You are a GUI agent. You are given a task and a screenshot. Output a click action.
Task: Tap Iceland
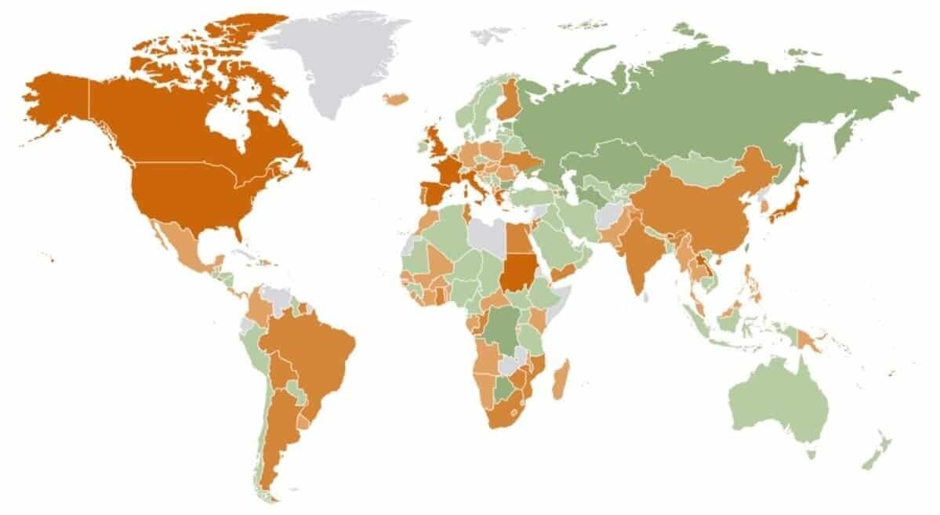point(397,99)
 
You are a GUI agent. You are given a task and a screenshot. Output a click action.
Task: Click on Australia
point(776,400)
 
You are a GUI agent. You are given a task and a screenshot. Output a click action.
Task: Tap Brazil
point(314,353)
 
